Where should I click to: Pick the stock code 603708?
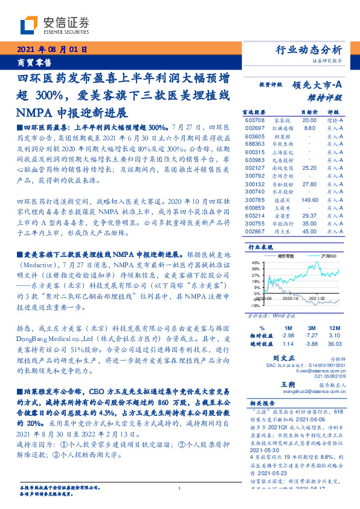click(256, 120)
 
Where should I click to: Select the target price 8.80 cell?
click(310, 128)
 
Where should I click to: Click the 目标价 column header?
click(310, 112)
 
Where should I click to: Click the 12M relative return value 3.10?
click(335, 335)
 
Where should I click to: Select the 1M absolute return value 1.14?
click(288, 343)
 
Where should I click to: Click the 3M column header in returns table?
click(312, 327)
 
